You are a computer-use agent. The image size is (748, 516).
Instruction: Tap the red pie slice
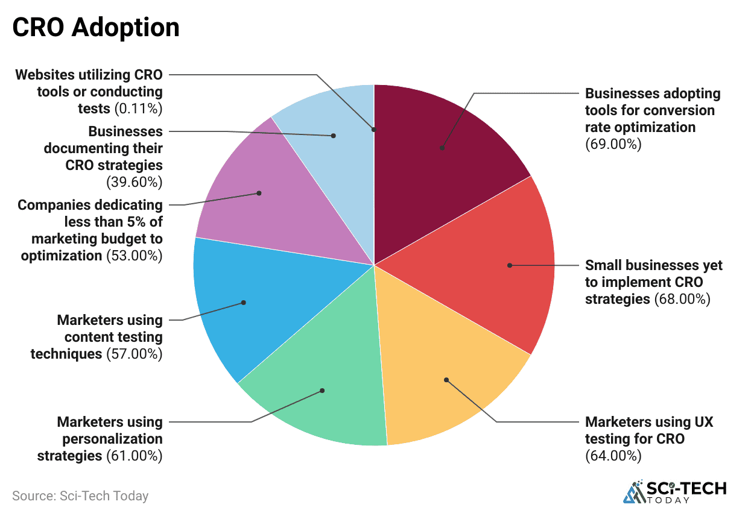(495, 265)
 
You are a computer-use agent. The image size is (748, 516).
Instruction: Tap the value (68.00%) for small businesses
(682, 298)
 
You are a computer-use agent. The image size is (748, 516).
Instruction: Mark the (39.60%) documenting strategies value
(134, 181)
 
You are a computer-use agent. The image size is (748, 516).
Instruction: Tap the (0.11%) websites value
(138, 109)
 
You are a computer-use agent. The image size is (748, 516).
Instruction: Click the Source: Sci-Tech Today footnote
(80, 496)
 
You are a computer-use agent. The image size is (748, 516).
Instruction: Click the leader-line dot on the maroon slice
(442, 148)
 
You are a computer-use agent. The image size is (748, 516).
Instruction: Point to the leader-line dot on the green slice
(322, 391)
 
